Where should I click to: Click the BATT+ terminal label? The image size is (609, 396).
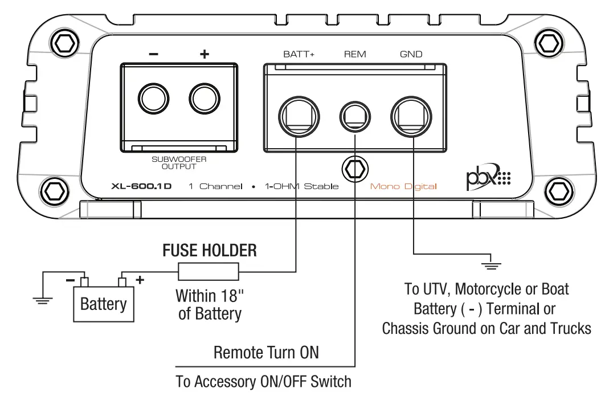tap(299, 55)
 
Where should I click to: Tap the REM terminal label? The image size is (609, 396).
tap(355, 55)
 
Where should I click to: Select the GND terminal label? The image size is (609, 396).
tap(411, 55)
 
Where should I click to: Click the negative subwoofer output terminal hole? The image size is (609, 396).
tap(154, 99)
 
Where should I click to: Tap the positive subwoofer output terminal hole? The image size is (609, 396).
tap(205, 99)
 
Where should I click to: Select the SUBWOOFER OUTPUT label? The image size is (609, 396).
tap(179, 163)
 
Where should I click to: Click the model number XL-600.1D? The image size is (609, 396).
tap(142, 186)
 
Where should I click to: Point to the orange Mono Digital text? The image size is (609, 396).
tap(403, 186)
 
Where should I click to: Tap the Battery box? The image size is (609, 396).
tap(103, 303)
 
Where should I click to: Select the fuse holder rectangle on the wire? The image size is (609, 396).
tap(209, 272)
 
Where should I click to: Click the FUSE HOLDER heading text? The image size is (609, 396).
tap(210, 250)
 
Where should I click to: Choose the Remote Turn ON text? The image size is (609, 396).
tap(266, 352)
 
